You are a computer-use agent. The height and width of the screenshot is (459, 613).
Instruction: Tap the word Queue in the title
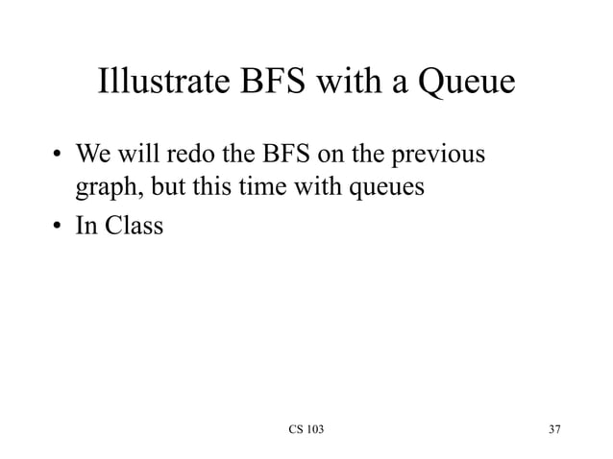coord(463,85)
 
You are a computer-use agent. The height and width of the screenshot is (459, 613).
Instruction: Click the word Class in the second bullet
coord(132,229)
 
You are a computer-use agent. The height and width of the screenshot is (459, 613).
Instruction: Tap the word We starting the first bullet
coord(93,155)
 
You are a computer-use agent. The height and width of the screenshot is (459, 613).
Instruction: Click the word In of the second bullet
coord(88,229)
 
